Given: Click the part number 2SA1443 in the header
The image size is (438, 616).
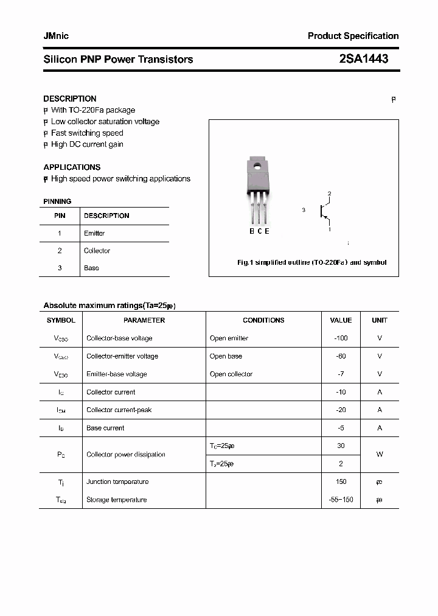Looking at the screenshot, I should [x=363, y=59].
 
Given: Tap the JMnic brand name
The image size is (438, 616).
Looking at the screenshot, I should [x=56, y=36].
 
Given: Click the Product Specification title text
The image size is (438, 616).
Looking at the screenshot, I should [x=353, y=36].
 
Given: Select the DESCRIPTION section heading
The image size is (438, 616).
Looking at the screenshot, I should [x=70, y=99].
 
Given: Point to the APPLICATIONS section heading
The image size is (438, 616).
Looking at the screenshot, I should [x=72, y=167].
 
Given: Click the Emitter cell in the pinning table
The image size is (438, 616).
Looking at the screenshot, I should [x=94, y=233].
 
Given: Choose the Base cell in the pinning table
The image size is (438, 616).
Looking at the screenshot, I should [x=91, y=268].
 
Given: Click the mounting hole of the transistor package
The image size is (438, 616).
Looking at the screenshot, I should [x=257, y=166].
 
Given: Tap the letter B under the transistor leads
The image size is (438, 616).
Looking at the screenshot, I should [x=251, y=231].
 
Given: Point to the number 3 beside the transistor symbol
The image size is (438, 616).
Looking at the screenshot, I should [x=303, y=210].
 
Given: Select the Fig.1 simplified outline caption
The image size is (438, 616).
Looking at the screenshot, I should [x=311, y=263].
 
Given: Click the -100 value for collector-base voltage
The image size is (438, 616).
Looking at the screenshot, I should [x=341, y=338].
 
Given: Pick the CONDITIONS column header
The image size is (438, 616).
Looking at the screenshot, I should [x=263, y=320].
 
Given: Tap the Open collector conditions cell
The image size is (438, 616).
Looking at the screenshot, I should [x=231, y=374].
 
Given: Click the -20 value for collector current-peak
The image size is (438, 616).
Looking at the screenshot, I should [x=341, y=410].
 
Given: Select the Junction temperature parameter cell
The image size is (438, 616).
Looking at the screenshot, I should [x=117, y=481].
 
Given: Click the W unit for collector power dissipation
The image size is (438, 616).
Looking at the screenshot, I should [x=380, y=455].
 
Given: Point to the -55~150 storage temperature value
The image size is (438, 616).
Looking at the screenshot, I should [x=341, y=500].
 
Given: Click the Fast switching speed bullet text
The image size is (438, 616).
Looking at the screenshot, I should [x=87, y=133].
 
